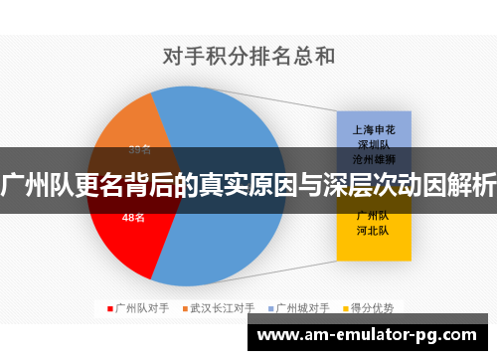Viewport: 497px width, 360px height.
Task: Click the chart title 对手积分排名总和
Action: point(248,56)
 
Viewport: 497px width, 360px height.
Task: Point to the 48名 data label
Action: point(133,216)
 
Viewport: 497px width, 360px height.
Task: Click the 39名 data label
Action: point(139,150)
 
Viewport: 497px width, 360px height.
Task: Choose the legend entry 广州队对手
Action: point(138,308)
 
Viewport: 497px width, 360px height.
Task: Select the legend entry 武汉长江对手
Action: point(222,308)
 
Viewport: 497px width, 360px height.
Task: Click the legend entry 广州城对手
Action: point(303,308)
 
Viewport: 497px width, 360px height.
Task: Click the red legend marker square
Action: point(110,308)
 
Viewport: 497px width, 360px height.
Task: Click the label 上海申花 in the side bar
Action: point(373,128)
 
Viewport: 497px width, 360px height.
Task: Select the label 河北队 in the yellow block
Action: point(373,230)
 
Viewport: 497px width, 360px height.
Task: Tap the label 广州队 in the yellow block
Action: point(373,215)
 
